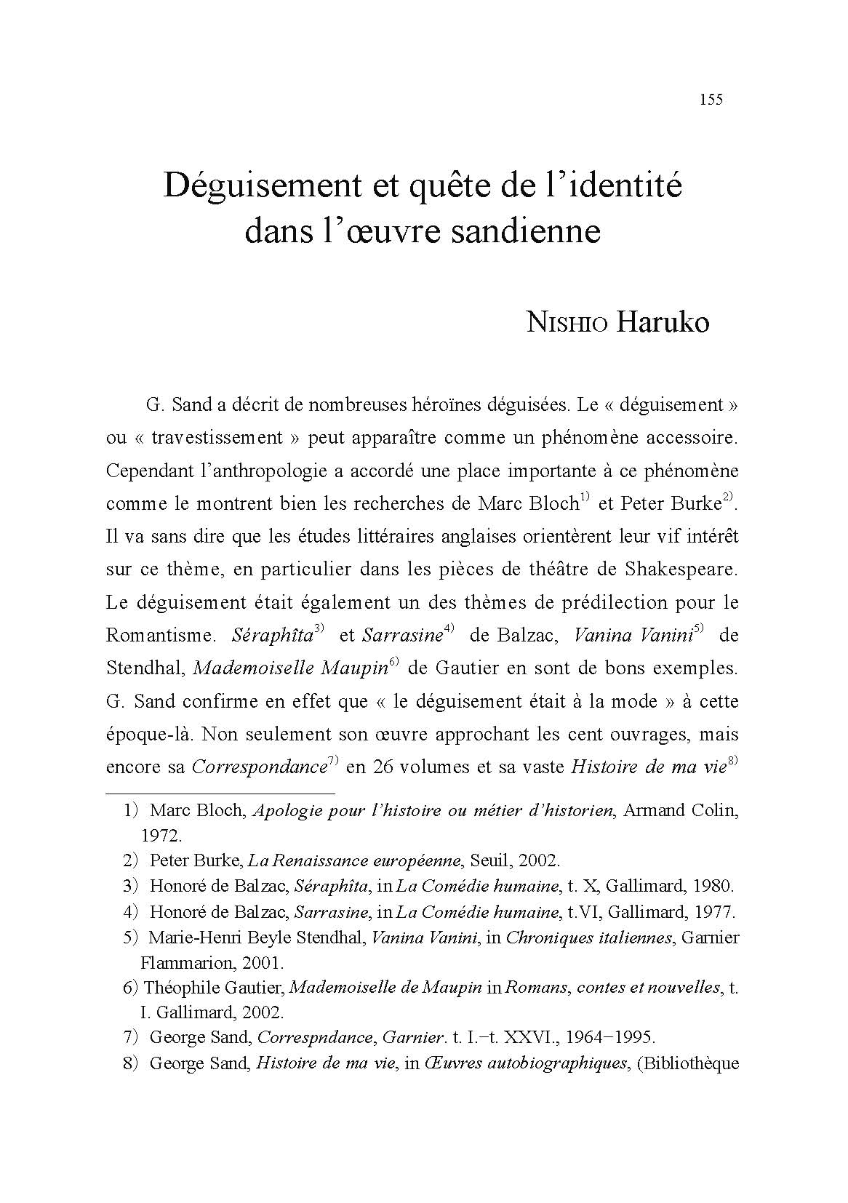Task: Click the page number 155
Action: pyautogui.click(x=711, y=100)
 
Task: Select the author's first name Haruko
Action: pyautogui.click(x=663, y=321)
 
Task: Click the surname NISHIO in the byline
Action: pyautogui.click(x=567, y=323)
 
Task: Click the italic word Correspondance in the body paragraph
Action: pyautogui.click(x=257, y=767)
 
